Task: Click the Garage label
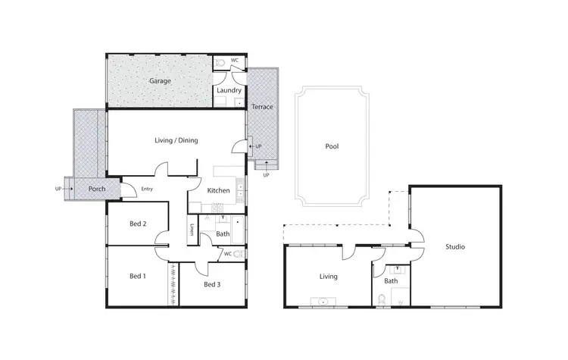159,80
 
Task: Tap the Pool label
331,147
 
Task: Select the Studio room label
455,247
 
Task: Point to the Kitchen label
219,190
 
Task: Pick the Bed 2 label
138,224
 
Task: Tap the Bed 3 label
212,285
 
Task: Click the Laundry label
228,91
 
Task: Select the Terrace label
262,107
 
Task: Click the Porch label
97,188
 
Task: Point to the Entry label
147,189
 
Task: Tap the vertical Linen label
193,229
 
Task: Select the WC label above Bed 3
227,254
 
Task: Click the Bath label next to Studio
391,281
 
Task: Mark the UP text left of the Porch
58,188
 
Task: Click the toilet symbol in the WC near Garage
220,64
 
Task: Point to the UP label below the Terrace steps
266,175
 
